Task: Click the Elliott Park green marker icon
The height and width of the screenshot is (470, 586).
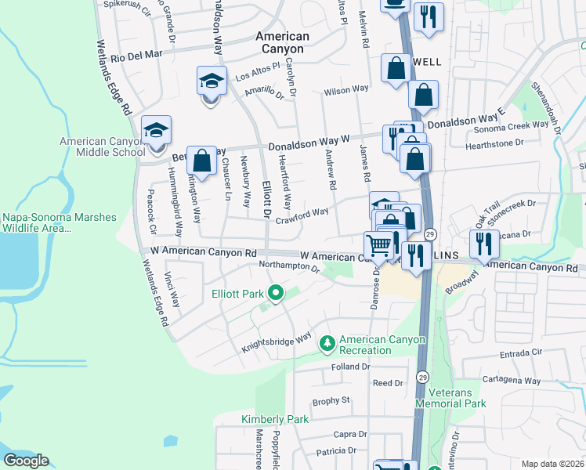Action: click(x=275, y=294)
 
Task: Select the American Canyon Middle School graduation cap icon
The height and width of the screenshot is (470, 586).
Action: click(x=156, y=130)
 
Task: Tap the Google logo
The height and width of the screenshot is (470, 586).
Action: click(x=26, y=461)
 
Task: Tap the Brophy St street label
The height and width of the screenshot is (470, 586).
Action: click(x=331, y=401)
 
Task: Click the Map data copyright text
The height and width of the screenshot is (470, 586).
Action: click(x=553, y=464)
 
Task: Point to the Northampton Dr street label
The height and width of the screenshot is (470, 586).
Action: click(x=289, y=267)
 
